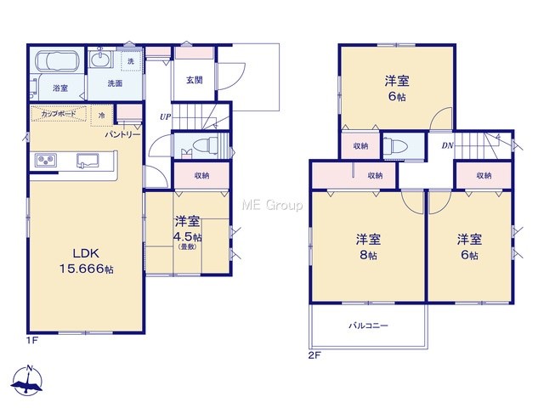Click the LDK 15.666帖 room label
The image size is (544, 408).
[87, 261]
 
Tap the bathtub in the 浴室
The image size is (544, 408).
[58, 61]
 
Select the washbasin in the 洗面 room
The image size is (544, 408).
[100, 59]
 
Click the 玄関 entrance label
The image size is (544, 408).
[195, 80]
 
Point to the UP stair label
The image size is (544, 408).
[165, 117]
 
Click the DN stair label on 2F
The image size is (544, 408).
[448, 145]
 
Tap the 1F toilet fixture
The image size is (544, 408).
[205, 144]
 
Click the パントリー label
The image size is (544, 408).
[122, 134]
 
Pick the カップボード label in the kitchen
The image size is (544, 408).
[59, 114]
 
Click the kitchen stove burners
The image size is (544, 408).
[46, 160]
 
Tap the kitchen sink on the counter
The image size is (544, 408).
[88, 161]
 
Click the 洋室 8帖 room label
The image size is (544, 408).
[368, 246]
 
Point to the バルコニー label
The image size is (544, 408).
[368, 326]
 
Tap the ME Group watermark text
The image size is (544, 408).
[272, 205]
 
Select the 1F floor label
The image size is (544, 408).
[31, 340]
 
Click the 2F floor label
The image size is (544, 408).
[314, 355]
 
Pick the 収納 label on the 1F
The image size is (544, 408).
[201, 176]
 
